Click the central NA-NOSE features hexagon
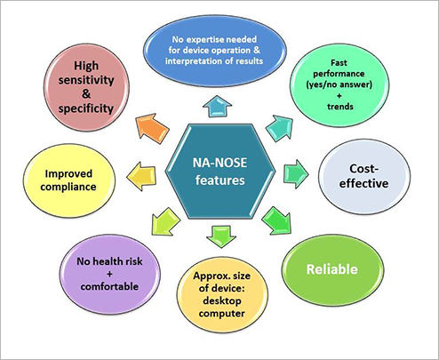[x=220, y=172]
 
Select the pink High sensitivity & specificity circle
[x=86, y=87]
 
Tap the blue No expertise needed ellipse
[x=215, y=51]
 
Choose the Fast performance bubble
[x=339, y=85]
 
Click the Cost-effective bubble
[x=364, y=177]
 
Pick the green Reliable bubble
[x=332, y=269]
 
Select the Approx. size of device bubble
[x=222, y=294]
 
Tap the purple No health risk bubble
[x=110, y=274]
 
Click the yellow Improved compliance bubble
[x=69, y=180]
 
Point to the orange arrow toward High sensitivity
[x=152, y=128]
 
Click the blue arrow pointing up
[x=218, y=106]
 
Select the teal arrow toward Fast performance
[x=280, y=128]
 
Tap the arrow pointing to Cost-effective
[x=296, y=174]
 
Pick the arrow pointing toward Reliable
[x=276, y=221]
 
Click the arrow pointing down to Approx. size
[x=221, y=236]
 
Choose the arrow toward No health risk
[x=165, y=222]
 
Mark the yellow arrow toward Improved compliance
[x=141, y=176]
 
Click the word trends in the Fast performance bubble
[x=340, y=107]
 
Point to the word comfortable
[x=109, y=286]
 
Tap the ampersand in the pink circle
[x=86, y=94]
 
